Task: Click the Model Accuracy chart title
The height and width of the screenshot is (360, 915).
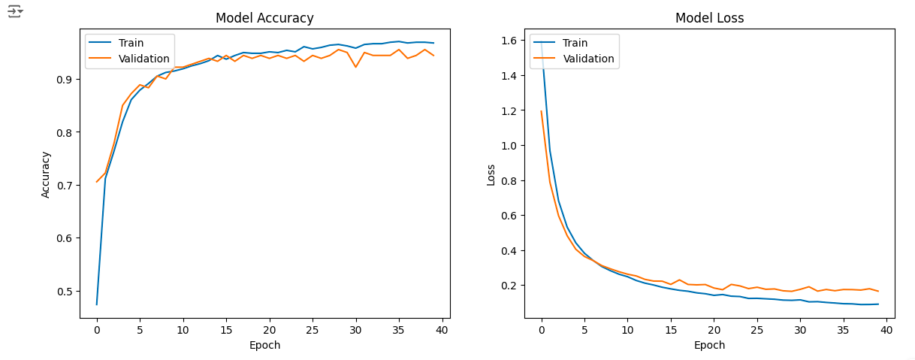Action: [264, 18]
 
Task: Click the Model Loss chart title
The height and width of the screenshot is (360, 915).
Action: [709, 18]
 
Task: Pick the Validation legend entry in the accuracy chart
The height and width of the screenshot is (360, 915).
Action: [143, 59]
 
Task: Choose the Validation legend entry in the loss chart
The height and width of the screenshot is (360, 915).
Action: [588, 59]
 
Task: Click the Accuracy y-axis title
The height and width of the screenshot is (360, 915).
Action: [46, 174]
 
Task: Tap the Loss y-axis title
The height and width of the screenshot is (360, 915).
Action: [491, 174]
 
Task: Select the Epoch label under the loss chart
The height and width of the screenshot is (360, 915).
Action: [709, 345]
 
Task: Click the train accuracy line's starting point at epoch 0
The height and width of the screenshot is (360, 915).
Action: [97, 304]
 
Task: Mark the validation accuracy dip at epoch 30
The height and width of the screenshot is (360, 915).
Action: [355, 68]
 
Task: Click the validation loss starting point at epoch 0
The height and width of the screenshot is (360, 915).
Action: [542, 111]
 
